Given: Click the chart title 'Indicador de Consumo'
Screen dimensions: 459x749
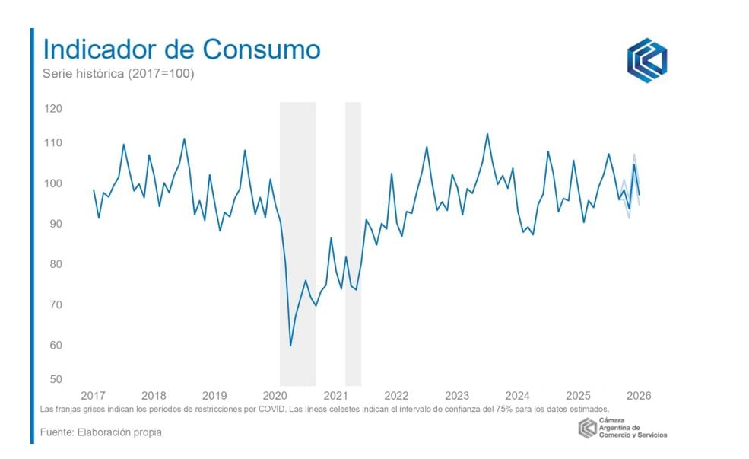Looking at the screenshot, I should pyautogui.click(x=181, y=49).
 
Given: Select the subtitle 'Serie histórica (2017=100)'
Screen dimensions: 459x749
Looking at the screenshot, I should pyautogui.click(x=118, y=75).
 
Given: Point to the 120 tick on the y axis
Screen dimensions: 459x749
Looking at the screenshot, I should pyautogui.click(x=53, y=109).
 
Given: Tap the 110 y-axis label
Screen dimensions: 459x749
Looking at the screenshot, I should pyautogui.click(x=53, y=143).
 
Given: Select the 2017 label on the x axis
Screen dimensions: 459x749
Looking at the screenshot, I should pyautogui.click(x=93, y=396).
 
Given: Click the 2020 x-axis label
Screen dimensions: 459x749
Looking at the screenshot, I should pyautogui.click(x=275, y=396).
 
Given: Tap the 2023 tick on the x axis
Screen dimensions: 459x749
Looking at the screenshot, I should pyautogui.click(x=456, y=396).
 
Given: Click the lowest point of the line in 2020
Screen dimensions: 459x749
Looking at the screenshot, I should pyautogui.click(x=290, y=346).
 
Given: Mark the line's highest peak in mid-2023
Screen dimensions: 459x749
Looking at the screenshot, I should pyautogui.click(x=487, y=134).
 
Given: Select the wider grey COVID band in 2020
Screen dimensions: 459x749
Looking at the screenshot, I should pyautogui.click(x=297, y=244).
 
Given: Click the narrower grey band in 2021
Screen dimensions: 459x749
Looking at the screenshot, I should pyautogui.click(x=353, y=244).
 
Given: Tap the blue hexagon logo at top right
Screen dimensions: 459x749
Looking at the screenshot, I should pyautogui.click(x=646, y=60).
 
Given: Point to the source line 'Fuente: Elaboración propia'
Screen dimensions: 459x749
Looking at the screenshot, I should pyautogui.click(x=100, y=432).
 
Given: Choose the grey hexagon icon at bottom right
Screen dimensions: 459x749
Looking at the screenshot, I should pyautogui.click(x=587, y=429).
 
